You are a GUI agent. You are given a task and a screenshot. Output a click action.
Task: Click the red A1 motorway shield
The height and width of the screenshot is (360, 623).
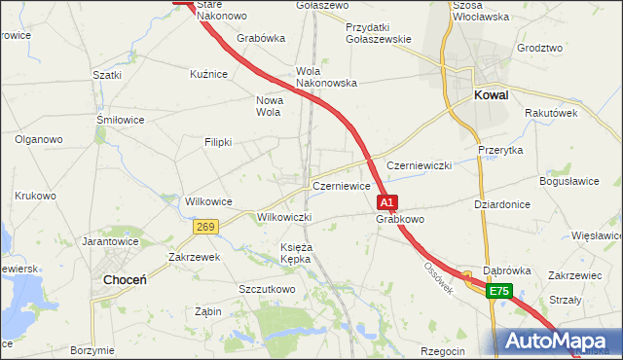point(386,202)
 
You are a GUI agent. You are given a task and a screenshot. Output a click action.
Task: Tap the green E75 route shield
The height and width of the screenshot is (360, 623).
point(499,291)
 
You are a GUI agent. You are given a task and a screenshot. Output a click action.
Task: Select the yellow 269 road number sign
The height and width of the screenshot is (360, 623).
point(204,227)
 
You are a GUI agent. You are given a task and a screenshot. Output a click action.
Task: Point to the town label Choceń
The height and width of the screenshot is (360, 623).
point(125,279)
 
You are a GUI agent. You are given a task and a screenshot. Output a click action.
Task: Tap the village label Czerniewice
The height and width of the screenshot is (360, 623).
point(341,186)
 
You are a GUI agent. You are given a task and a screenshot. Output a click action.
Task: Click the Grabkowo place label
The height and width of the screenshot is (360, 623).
point(400,220)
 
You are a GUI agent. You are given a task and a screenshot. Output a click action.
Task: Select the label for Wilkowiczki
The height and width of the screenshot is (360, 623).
point(284,217)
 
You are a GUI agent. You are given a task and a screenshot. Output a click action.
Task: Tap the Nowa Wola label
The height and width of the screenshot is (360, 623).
point(268,105)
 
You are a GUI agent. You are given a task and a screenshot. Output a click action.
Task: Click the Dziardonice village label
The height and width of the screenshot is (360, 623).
point(502,204)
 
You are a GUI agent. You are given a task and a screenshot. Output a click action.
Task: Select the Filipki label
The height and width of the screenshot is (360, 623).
point(217,142)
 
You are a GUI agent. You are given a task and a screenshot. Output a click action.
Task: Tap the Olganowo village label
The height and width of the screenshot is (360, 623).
point(38,139)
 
